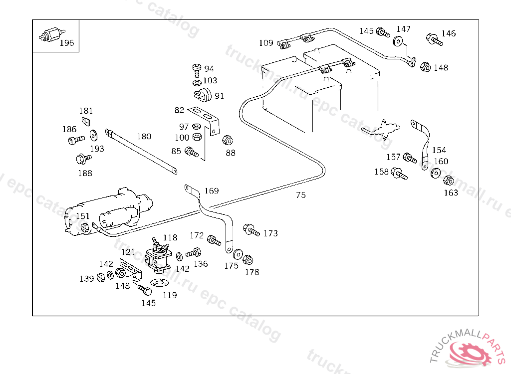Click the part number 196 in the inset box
66,43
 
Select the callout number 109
266,43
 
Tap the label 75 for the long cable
300,195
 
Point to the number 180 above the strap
144,136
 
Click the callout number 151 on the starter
83,216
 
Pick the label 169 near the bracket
212,190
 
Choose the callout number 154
439,150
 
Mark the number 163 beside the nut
451,192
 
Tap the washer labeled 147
398,41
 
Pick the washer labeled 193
93,135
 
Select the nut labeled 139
100,277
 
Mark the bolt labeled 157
409,159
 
